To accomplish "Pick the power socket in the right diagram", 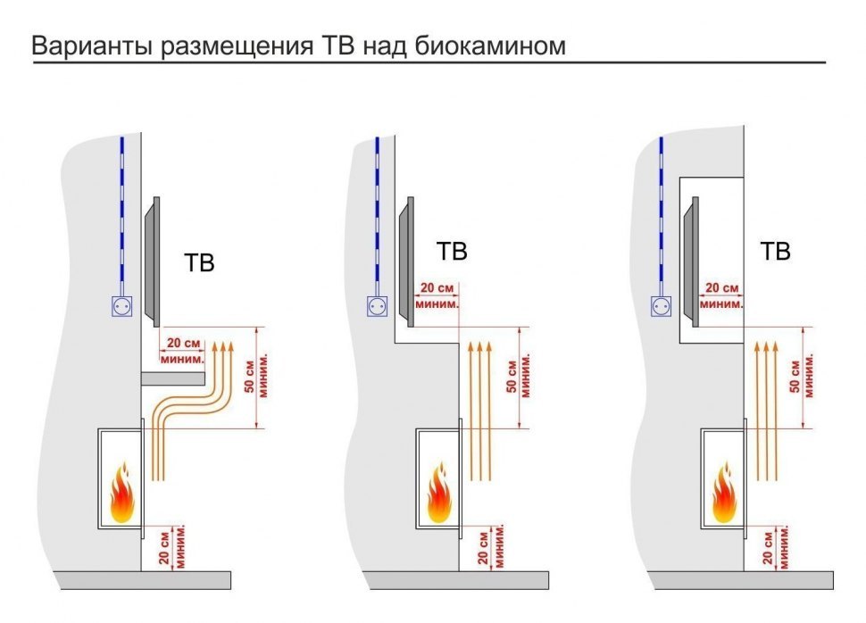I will [x=662, y=306].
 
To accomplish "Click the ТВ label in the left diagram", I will [x=199, y=264].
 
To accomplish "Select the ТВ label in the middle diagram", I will [x=452, y=253].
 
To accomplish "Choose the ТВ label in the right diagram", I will [x=775, y=253].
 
